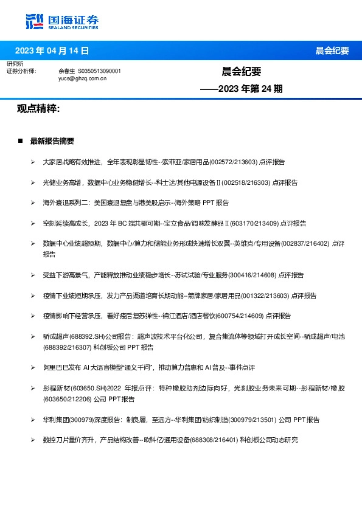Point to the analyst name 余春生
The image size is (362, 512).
click(x=66, y=71)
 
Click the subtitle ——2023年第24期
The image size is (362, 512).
click(x=242, y=89)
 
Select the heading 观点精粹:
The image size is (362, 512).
click(x=38, y=109)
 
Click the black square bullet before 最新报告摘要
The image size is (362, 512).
click(x=20, y=141)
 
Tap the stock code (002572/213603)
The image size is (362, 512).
click(x=234, y=162)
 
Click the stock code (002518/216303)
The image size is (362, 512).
click(x=246, y=182)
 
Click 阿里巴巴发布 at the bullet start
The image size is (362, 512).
click(x=62, y=367)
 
